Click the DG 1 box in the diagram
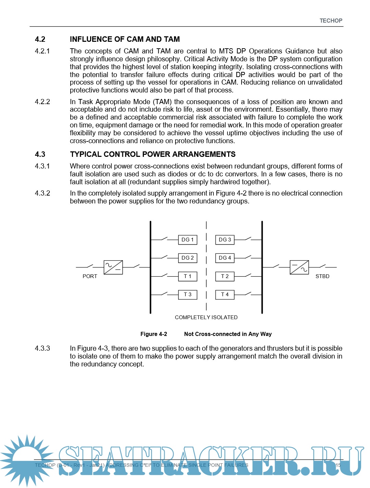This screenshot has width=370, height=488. (x=187, y=240)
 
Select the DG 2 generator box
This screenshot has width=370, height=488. (x=187, y=258)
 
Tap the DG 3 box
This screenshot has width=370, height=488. (x=225, y=240)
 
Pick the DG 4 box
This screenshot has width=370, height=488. (x=225, y=258)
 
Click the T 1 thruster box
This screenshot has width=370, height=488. (x=187, y=276)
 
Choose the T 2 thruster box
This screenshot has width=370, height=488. (x=225, y=276)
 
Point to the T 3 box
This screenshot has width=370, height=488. (x=187, y=295)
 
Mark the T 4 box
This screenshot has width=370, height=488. (x=225, y=295)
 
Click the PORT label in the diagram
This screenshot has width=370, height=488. (x=90, y=276)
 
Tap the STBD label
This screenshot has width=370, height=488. (x=322, y=276)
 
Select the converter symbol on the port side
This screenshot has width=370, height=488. (x=113, y=267)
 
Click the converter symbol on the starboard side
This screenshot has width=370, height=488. (x=299, y=267)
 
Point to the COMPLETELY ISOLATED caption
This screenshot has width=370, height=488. (x=206, y=317)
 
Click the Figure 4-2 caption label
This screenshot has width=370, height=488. (x=154, y=334)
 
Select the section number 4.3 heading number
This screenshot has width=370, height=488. (x=40, y=154)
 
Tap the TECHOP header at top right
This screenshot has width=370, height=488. (x=331, y=21)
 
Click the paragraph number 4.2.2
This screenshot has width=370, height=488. (x=42, y=102)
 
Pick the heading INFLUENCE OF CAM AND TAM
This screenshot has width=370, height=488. (x=125, y=39)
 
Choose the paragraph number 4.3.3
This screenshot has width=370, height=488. (x=42, y=348)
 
